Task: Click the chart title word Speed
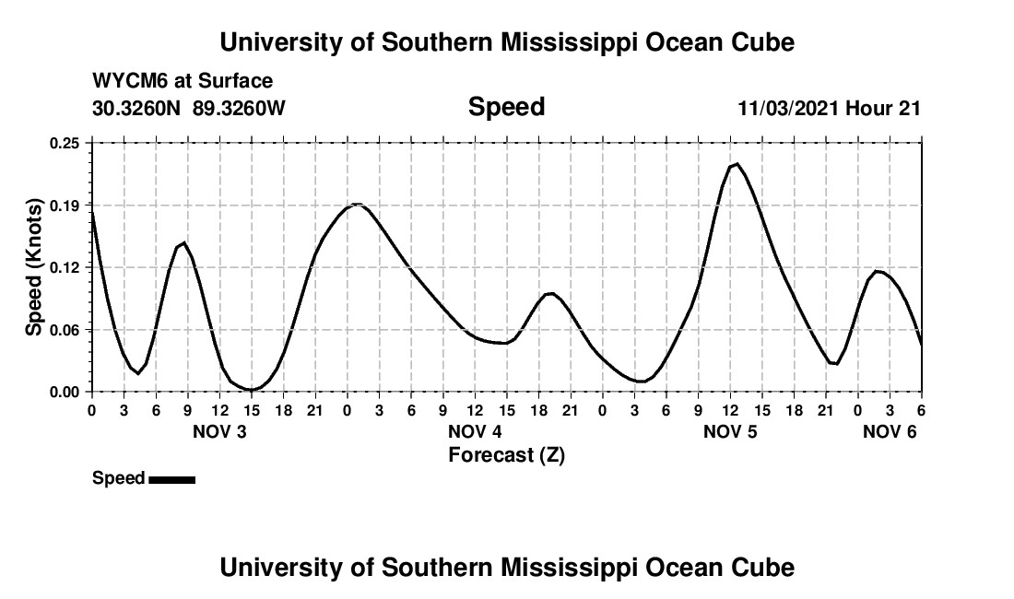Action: coord(506,107)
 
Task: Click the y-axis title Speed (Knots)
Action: coord(34,266)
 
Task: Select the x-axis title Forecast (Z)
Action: coord(506,454)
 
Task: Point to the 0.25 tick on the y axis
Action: coord(65,143)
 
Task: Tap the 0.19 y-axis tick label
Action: coord(65,205)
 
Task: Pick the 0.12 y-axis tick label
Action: coord(65,267)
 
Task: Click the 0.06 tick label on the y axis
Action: coord(65,330)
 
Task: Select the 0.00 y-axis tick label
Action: coord(65,392)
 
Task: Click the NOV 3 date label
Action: coord(219,432)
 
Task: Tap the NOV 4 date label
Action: coord(475,432)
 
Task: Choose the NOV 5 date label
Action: coord(730,432)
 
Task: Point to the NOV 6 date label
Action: coord(890,432)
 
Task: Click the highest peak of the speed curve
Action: coord(736,164)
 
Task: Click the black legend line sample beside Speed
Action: coord(171,478)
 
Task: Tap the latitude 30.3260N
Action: coord(136,108)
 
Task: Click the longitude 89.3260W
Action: coord(239,108)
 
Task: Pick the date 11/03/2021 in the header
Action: coord(788,108)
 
